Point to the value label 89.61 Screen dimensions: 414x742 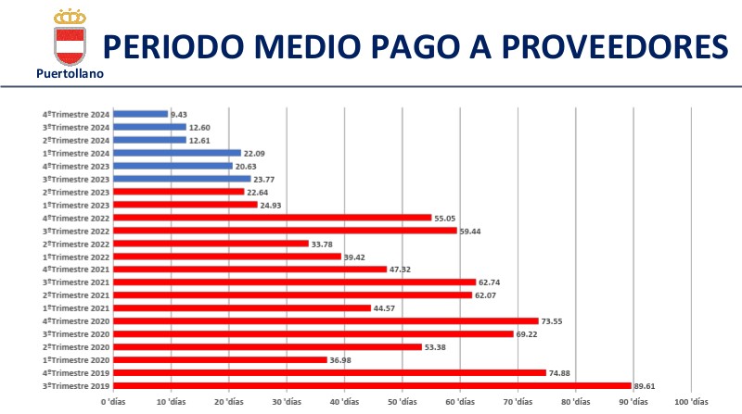647,385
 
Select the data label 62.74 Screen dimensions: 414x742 492,282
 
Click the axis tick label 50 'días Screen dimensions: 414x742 402,403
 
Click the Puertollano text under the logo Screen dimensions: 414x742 70,73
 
